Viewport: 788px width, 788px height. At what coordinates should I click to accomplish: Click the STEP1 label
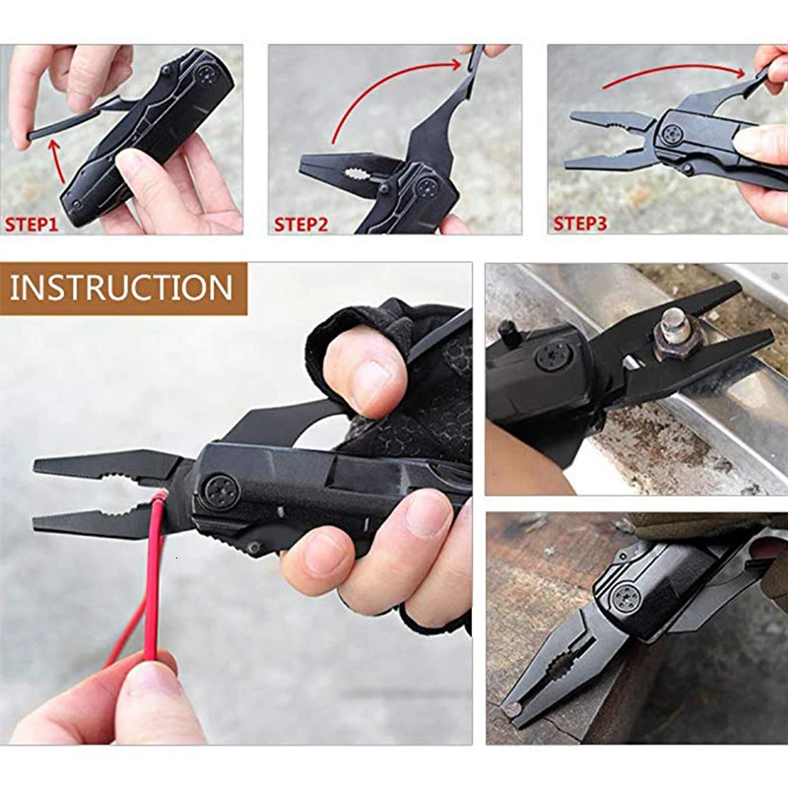(33, 224)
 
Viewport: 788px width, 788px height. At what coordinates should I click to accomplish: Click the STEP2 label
(301, 224)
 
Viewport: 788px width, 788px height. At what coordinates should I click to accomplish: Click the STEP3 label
(581, 224)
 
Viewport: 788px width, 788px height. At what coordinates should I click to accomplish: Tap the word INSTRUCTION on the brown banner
(121, 288)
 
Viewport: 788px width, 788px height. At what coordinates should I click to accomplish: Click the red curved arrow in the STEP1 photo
(55, 162)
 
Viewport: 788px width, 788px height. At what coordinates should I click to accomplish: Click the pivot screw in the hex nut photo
(555, 356)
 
